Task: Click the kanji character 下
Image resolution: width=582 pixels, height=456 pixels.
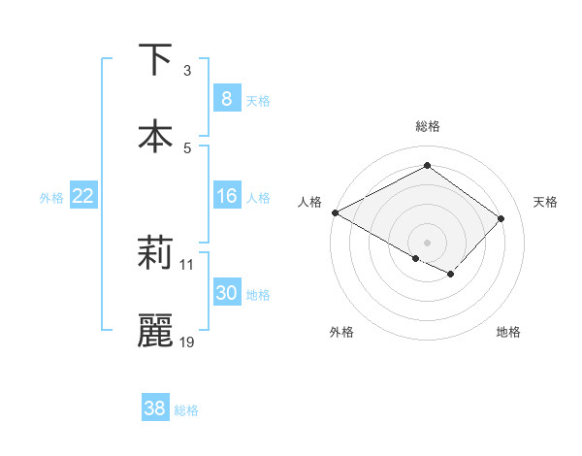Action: (154, 60)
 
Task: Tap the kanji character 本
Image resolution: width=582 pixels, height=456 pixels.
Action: (154, 136)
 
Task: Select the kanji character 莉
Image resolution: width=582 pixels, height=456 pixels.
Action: (154, 254)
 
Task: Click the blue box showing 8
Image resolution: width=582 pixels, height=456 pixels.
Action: (226, 98)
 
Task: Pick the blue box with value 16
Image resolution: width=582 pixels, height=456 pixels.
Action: (226, 196)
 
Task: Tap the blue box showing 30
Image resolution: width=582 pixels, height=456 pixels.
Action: (226, 293)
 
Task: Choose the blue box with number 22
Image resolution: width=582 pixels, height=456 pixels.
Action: (83, 196)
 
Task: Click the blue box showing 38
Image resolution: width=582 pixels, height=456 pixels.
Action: (154, 408)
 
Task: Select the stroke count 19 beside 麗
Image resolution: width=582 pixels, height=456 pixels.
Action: (188, 342)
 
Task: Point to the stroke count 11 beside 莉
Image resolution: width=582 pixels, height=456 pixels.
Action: (187, 264)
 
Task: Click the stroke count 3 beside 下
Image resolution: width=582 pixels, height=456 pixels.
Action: (187, 70)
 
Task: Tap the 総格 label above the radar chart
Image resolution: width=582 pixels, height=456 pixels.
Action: (427, 126)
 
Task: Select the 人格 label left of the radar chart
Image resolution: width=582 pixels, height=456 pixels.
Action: (309, 201)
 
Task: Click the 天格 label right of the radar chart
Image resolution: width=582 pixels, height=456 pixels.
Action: (545, 201)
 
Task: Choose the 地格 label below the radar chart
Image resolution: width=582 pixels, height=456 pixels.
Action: (508, 332)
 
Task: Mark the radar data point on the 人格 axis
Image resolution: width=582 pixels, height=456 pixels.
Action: (335, 212)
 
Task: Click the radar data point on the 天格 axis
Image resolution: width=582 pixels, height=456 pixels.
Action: (501, 218)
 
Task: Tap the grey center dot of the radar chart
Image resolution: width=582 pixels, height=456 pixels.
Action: (427, 242)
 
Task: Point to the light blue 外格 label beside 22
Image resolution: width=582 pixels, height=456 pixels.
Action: (51, 197)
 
